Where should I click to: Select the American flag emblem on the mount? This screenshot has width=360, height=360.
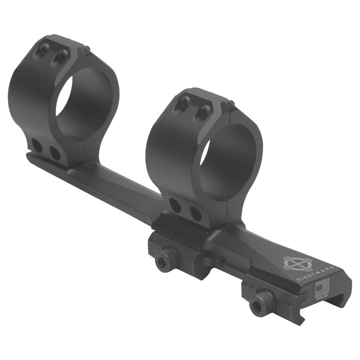(x=321, y=288)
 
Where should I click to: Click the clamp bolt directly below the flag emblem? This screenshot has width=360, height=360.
(x=262, y=303)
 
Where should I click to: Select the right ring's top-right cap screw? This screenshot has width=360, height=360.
(x=204, y=111)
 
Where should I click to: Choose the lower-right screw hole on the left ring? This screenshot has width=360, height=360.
(x=55, y=153)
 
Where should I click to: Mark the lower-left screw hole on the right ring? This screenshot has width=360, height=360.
(x=176, y=205)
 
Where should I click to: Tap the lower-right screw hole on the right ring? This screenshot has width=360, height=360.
(x=195, y=213)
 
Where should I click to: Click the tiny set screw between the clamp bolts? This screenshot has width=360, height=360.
(x=221, y=261)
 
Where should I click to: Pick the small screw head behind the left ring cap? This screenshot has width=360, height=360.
(x=88, y=49)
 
